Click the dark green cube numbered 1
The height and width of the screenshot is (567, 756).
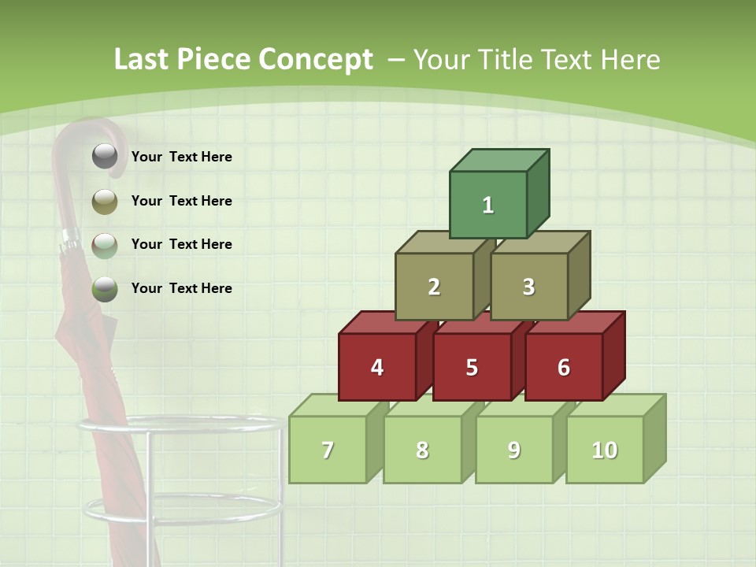point(488,205)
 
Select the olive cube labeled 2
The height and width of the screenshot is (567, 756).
point(434,287)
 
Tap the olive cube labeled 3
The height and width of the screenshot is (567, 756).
point(528,287)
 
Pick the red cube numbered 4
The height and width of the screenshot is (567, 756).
point(377,367)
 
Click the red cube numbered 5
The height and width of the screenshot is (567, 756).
point(472,367)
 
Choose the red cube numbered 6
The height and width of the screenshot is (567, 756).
point(564,367)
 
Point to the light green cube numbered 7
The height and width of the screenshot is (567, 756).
point(328,450)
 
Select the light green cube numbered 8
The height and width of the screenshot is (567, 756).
point(422,450)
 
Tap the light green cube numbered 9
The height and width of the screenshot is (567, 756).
point(514,450)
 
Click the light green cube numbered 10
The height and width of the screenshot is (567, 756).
point(605,450)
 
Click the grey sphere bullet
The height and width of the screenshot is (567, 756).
point(105,157)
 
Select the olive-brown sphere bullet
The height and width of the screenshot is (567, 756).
point(105,202)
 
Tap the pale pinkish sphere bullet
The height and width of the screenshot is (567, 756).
point(105,245)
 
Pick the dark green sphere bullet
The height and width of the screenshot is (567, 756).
point(105,289)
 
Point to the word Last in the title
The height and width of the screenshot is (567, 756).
point(143,60)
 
